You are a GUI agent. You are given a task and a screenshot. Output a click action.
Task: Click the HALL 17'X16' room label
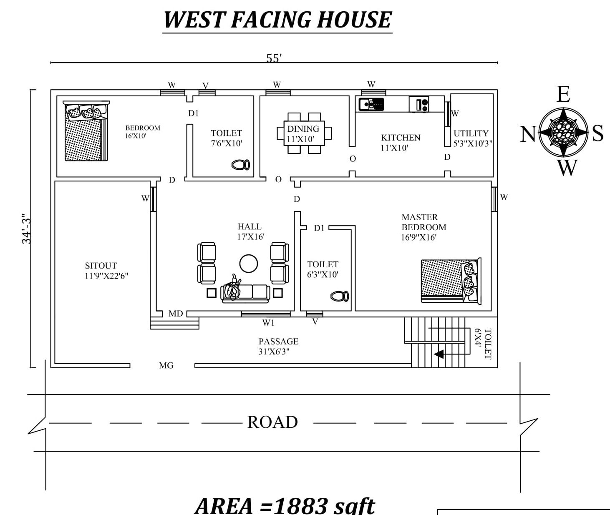point(251,231)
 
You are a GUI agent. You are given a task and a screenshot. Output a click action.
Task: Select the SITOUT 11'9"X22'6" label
point(106,271)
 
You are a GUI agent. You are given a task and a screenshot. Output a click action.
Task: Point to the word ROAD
point(272,422)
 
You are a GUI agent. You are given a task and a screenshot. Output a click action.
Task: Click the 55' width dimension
point(274,58)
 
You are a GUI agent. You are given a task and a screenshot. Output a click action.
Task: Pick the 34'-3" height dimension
point(26,231)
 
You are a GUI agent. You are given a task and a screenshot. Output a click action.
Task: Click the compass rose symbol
point(563,132)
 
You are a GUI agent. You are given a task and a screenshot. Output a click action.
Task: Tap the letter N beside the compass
point(528,134)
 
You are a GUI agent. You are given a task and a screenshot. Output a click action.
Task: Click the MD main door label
point(176,314)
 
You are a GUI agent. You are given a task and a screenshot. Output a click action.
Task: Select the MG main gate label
point(166,365)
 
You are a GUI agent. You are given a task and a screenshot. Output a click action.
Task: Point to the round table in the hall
point(249,264)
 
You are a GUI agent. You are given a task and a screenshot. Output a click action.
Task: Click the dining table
point(304,133)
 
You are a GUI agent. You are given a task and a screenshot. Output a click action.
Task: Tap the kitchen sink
point(371,104)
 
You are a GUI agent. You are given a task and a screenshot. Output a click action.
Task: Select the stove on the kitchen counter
point(418,104)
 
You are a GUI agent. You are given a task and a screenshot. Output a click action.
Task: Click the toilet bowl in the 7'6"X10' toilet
point(241,165)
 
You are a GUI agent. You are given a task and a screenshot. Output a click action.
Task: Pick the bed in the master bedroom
point(451,281)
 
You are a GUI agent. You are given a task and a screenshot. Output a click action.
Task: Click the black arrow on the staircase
point(439,354)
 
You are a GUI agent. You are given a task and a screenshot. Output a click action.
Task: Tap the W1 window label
point(268,323)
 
